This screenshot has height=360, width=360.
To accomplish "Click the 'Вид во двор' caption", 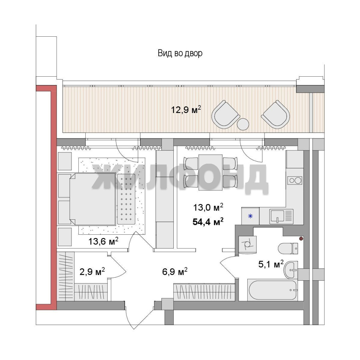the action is point(180,53).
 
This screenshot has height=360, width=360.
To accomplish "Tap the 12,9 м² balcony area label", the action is point(186,110).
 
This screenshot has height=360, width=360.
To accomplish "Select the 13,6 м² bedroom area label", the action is point(103,241).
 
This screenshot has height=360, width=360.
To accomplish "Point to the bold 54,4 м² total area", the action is point(208,222).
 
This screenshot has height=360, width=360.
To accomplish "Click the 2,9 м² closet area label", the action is point(92,272).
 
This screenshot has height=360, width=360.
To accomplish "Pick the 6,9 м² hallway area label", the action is point(175,272).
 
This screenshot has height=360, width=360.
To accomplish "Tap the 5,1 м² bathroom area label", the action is point(271,264).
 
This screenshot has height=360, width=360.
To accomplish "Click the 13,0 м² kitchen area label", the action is point(208,207).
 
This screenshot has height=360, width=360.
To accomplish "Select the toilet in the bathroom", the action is point(288,248).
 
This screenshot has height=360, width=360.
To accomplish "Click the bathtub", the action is point(273,290).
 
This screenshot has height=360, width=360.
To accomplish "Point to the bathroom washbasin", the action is point(291,270).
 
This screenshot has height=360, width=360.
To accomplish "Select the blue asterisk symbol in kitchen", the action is point(250,216).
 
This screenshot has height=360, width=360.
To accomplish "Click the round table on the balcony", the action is point(243,124).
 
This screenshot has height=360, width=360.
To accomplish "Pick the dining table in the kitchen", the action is point(211,172).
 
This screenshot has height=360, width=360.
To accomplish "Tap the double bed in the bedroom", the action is point(92,199).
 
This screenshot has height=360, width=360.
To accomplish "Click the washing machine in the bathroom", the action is point(247,245).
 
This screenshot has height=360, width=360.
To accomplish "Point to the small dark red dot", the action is point(301,239).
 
